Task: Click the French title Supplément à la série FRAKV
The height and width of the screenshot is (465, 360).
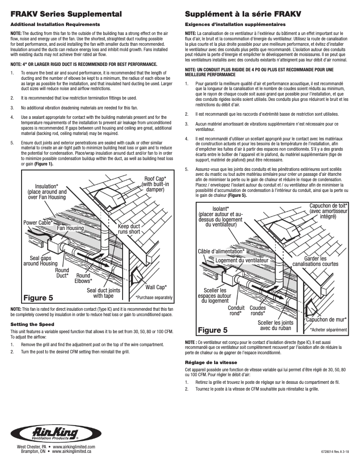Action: (243, 14)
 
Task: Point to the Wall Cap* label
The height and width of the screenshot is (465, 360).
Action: (156, 287)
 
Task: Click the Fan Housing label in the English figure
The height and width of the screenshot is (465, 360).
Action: (70, 228)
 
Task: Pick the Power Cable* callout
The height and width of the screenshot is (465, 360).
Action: (38, 222)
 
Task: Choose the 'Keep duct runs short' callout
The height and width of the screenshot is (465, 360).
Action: (129, 229)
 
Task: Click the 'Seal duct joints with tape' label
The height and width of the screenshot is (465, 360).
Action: (103, 293)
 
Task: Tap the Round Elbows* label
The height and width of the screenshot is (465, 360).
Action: (83, 278)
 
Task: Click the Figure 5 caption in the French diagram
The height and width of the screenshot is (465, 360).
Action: (213, 330)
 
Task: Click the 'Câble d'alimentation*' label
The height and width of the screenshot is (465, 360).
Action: (221, 251)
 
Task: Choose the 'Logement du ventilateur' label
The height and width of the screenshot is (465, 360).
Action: (241, 260)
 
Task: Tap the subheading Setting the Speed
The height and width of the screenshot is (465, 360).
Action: (32, 324)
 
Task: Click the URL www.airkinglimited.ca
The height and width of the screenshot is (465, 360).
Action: (72, 452)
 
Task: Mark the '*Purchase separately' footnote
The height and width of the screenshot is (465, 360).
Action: (154, 297)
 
